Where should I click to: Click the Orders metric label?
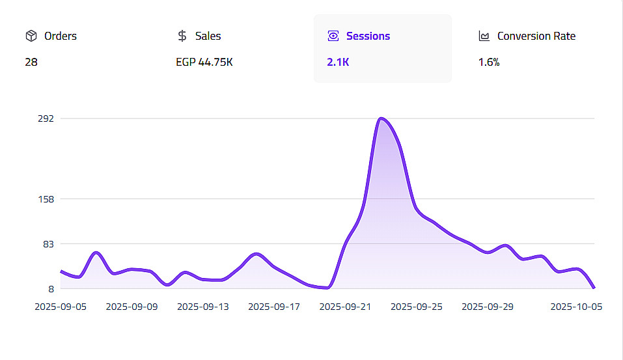(x=60, y=36)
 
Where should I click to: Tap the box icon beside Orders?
(x=31, y=36)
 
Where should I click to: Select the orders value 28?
(x=31, y=63)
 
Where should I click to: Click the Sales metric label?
(x=208, y=36)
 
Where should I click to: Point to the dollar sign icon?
(x=182, y=36)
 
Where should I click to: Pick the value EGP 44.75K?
(x=204, y=63)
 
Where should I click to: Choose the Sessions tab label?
(x=368, y=36)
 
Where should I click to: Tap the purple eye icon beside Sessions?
(x=333, y=36)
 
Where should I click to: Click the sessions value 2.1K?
(x=339, y=63)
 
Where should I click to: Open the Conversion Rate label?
(x=536, y=36)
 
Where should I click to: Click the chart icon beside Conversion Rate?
(x=484, y=36)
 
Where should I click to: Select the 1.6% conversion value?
(x=488, y=63)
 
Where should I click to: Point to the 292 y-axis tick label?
(x=46, y=118)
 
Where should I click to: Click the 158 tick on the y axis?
(x=46, y=199)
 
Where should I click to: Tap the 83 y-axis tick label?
(x=48, y=243)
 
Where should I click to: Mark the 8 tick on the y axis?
(x=50, y=288)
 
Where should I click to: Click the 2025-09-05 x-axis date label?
(x=60, y=307)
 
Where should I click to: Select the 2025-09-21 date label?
(x=345, y=307)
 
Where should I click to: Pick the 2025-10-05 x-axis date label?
(x=575, y=307)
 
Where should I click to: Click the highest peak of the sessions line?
(x=381, y=118)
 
